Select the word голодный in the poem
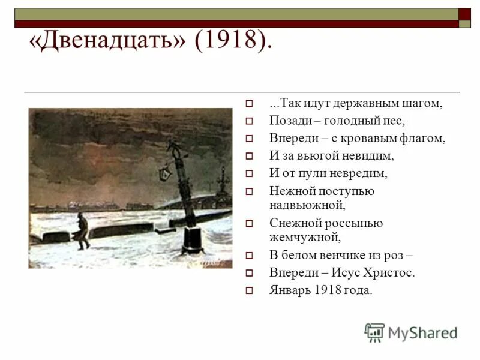349,121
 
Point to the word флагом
425,138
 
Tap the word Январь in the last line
286,290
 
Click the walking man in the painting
83,231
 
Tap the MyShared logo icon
374,332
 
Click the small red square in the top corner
465,14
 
